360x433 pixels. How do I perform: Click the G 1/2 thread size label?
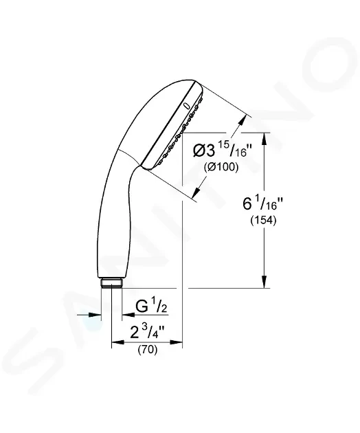(x=147, y=304)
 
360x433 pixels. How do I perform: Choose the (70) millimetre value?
(x=146, y=350)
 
